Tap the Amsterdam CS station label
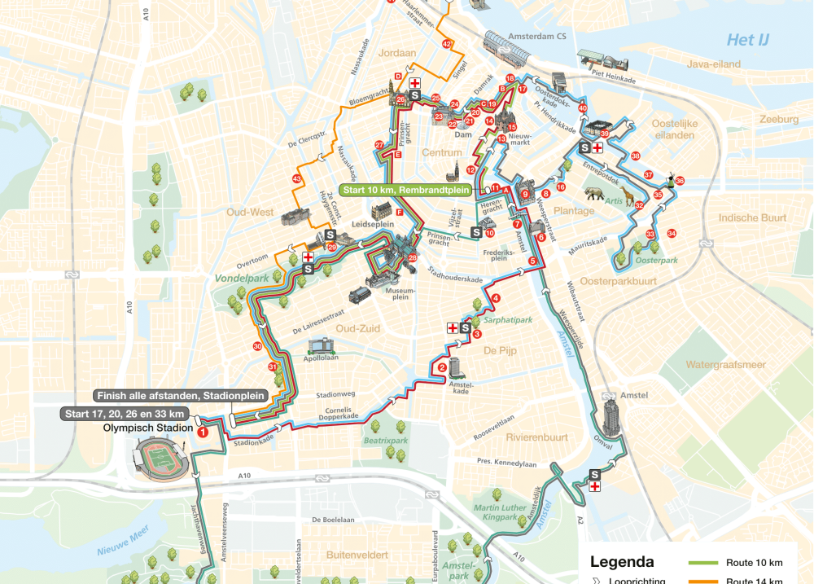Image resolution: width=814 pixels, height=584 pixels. point(536,37)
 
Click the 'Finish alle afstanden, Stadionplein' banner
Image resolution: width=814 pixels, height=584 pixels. point(180,396)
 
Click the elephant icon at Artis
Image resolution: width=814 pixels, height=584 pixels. point(596,195)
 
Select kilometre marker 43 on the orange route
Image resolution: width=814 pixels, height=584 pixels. point(297,179)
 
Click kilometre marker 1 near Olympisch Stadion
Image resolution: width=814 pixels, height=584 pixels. point(203,432)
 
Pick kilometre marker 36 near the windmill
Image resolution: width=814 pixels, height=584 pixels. point(680,181)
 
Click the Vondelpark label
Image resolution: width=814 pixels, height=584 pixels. point(241,278)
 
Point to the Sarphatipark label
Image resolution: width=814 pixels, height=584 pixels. point(508,320)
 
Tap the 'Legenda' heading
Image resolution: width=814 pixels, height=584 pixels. point(622,562)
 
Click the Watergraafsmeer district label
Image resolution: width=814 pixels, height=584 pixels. point(725,365)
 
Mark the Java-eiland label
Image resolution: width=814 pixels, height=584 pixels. point(691,64)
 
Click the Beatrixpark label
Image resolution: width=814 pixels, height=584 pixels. point(385,441)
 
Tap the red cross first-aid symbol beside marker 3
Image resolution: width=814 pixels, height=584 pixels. point(453,328)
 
